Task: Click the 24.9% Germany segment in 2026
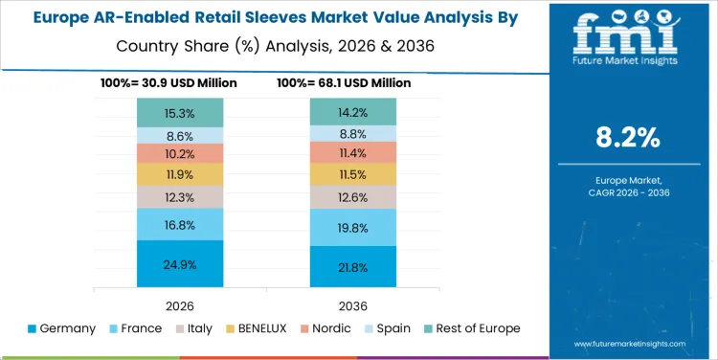pyautogui.click(x=180, y=263)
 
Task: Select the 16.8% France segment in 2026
pyautogui.click(x=180, y=224)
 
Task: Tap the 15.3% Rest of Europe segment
pyautogui.click(x=180, y=112)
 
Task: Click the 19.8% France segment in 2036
pyautogui.click(x=353, y=228)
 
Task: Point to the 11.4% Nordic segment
pyautogui.click(x=353, y=152)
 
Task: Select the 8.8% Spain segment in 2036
pyautogui.click(x=353, y=133)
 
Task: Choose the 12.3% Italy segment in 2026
pyautogui.click(x=180, y=196)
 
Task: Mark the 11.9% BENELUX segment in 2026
pyautogui.click(x=180, y=174)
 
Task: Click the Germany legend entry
pyautogui.click(x=62, y=328)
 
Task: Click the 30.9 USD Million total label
pyautogui.click(x=168, y=83)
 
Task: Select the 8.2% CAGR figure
pyautogui.click(x=627, y=137)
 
